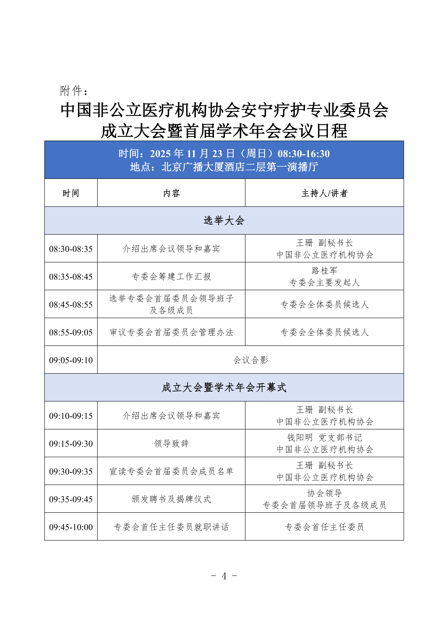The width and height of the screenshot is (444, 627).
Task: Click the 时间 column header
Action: [71, 193]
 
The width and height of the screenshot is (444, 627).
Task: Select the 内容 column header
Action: [171, 193]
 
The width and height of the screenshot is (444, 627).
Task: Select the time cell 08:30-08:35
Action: [71, 249]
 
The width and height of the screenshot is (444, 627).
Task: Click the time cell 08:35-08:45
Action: [71, 277]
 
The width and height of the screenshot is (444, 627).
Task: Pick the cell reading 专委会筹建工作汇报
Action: [171, 277]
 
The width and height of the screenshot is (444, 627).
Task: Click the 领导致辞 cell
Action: [171, 444]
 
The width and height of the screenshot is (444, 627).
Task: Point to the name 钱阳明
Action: [300, 438]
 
